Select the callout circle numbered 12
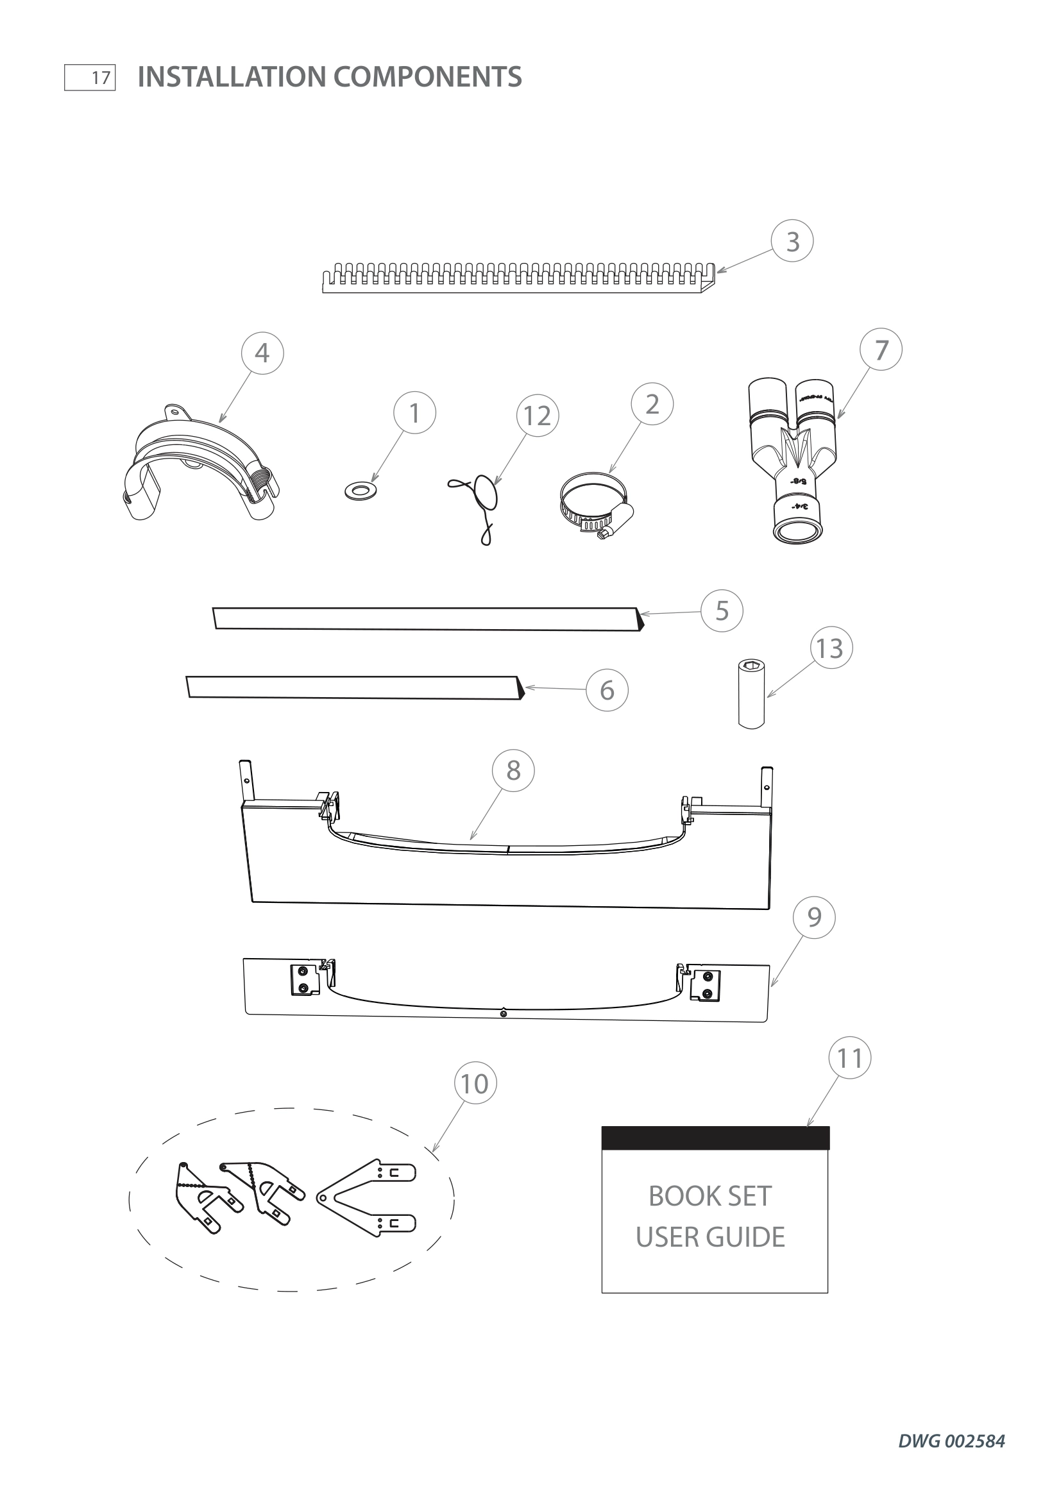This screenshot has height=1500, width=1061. point(537,416)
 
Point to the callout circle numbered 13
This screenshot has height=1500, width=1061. point(830,648)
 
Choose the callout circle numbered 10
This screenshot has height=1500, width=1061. point(475,1083)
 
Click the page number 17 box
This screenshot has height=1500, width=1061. point(90,78)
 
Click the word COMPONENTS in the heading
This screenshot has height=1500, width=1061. point(427,77)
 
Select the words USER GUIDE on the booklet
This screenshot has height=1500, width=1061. point(710,1236)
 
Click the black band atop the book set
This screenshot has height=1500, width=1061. point(715,1138)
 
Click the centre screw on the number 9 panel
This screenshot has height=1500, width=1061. point(503,1013)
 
